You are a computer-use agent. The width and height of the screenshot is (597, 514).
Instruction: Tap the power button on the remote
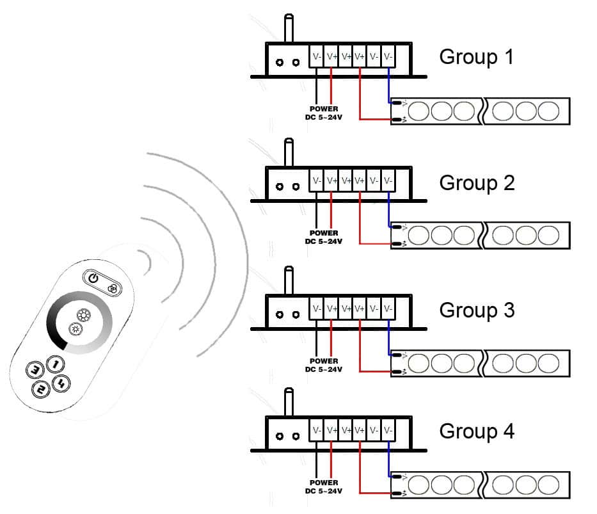pos(93,278)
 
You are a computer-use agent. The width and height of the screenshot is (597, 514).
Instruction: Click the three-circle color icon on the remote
pos(113,289)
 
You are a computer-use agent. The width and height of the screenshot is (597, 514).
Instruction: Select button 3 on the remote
pos(34,370)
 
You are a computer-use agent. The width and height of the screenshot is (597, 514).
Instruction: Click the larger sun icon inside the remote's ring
pos(83,315)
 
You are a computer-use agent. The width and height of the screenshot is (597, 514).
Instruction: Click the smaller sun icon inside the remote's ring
pos(76,330)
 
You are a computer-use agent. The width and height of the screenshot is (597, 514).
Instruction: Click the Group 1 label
pos(476,57)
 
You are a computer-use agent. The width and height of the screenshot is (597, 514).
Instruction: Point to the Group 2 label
pos(477,183)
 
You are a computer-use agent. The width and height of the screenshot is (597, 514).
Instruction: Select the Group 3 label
pos(477,310)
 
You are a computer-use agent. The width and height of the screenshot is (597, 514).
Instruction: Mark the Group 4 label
pos(477,431)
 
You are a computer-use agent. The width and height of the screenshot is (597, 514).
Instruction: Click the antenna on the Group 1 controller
pos(289,29)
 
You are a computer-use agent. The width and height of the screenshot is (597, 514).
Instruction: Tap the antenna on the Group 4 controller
pos(289,404)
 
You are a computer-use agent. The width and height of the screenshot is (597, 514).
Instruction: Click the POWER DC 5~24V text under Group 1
pos(323,113)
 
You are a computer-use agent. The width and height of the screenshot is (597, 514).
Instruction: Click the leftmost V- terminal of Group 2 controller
pos(317,181)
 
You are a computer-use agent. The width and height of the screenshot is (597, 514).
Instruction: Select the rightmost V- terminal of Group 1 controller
pos(388,56)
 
